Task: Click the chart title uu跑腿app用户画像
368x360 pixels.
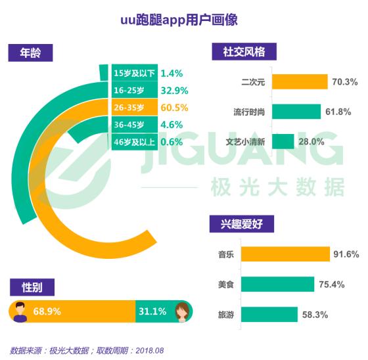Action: [x=179, y=20]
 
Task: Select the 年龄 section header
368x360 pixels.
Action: [x=30, y=53]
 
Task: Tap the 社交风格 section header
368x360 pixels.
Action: [x=244, y=52]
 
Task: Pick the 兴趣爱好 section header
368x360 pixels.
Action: [x=242, y=224]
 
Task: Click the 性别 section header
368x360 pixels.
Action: [x=32, y=287]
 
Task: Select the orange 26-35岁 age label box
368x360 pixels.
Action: [x=135, y=108]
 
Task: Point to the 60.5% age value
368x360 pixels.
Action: [x=174, y=108]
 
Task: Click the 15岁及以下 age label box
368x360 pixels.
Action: [x=135, y=73]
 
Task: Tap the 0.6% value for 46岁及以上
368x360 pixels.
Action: [x=172, y=142]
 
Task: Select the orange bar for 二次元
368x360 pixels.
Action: [x=300, y=81]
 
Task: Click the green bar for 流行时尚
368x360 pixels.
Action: [x=296, y=112]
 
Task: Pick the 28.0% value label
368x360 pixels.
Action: [x=311, y=141]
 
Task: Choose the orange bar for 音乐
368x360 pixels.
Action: [x=285, y=254]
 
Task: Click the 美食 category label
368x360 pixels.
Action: [x=226, y=284]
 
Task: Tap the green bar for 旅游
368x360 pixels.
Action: [x=269, y=314]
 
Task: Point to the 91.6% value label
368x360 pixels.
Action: [x=346, y=254]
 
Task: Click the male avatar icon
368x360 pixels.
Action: [x=20, y=311]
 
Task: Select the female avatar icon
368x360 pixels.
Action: [x=183, y=312]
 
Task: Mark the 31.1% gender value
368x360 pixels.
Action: [x=152, y=311]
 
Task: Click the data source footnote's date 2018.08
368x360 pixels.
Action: [x=150, y=351]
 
